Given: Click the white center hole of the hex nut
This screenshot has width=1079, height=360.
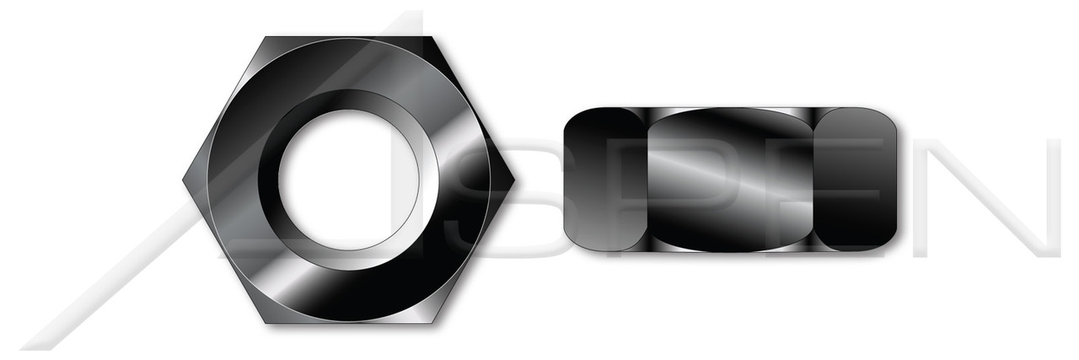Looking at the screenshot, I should tap(348, 179).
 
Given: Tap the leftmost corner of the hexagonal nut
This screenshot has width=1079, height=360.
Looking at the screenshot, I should tap(183, 180).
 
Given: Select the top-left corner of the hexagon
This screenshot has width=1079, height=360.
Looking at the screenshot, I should tap(266, 37).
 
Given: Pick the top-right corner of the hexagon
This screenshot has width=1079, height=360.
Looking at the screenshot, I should tap(432, 37).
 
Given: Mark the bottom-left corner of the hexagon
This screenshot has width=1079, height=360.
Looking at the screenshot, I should tap(266, 322).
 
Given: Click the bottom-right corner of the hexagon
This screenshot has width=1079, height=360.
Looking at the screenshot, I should tap(432, 322).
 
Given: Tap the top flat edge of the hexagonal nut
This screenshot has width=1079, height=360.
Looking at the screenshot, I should tap(349, 38).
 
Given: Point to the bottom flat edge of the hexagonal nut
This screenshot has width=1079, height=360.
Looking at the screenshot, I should tap(349, 321).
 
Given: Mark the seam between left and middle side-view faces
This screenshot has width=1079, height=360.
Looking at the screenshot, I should tap(647, 179).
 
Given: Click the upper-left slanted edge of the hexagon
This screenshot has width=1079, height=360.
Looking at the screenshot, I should tap(224, 108).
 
